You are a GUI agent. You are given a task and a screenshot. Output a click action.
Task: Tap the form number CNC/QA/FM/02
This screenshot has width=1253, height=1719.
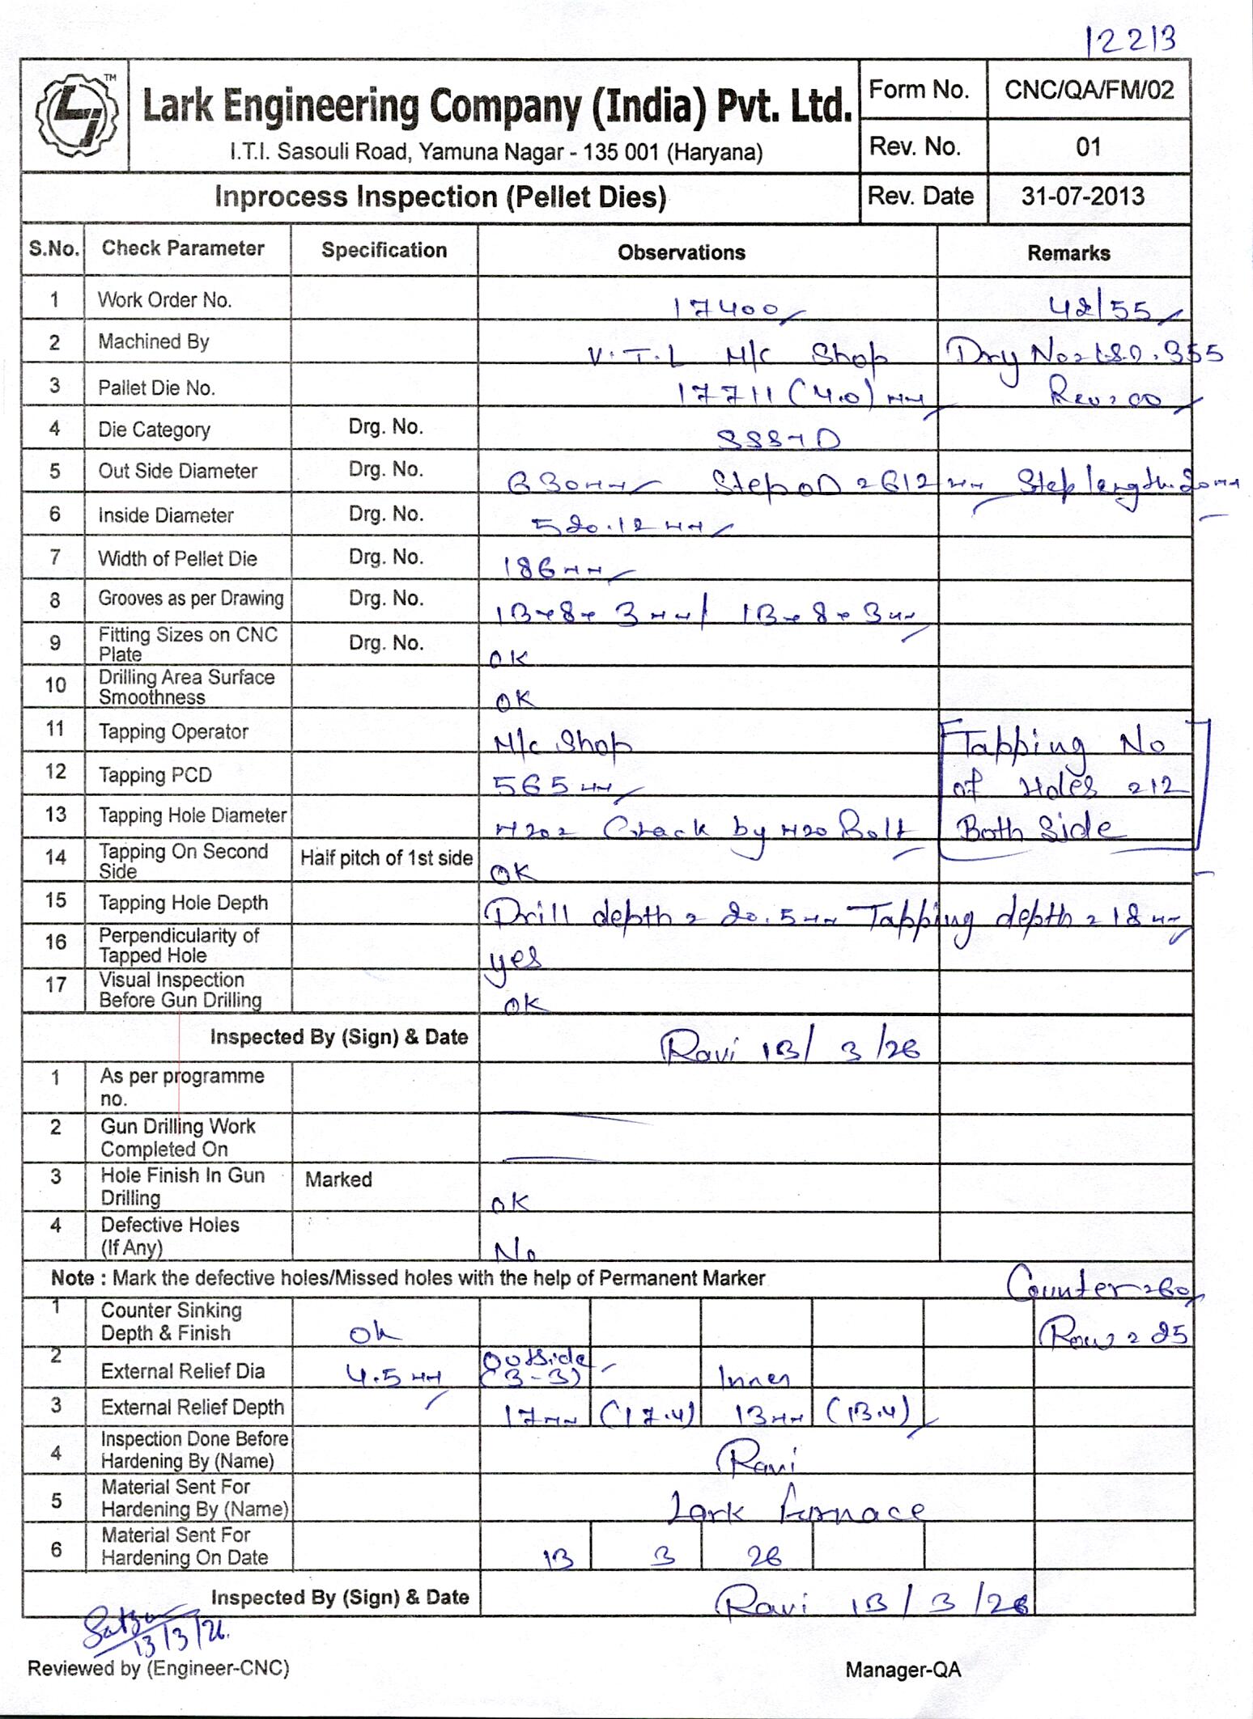pyautogui.click(x=1089, y=90)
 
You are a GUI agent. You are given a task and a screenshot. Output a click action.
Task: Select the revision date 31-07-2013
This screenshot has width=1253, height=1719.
pyautogui.click(x=1082, y=197)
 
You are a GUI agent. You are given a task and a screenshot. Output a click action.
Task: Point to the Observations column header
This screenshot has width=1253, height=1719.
pyautogui.click(x=682, y=252)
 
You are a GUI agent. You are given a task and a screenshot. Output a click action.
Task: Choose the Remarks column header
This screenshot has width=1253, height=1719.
pyautogui.click(x=1068, y=253)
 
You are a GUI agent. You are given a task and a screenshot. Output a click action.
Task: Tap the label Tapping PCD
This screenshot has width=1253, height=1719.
pyautogui.click(x=155, y=775)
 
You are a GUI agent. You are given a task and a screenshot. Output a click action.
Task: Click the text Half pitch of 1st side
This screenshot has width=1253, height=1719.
pyautogui.click(x=386, y=858)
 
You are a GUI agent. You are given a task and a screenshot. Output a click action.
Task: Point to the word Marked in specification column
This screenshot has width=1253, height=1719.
pyautogui.click(x=338, y=1179)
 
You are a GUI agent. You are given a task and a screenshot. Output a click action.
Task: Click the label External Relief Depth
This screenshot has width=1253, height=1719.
pyautogui.click(x=192, y=1407)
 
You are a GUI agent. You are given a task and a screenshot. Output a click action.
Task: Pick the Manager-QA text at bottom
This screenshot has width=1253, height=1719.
pyautogui.click(x=903, y=1670)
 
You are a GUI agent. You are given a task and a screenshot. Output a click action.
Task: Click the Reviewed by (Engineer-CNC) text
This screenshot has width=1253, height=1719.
pyautogui.click(x=158, y=1668)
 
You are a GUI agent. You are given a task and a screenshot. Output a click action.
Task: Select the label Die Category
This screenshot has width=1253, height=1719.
pyautogui.click(x=154, y=430)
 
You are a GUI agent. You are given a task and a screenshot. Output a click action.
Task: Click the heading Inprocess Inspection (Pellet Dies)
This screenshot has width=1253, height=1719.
pyautogui.click(x=440, y=197)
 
